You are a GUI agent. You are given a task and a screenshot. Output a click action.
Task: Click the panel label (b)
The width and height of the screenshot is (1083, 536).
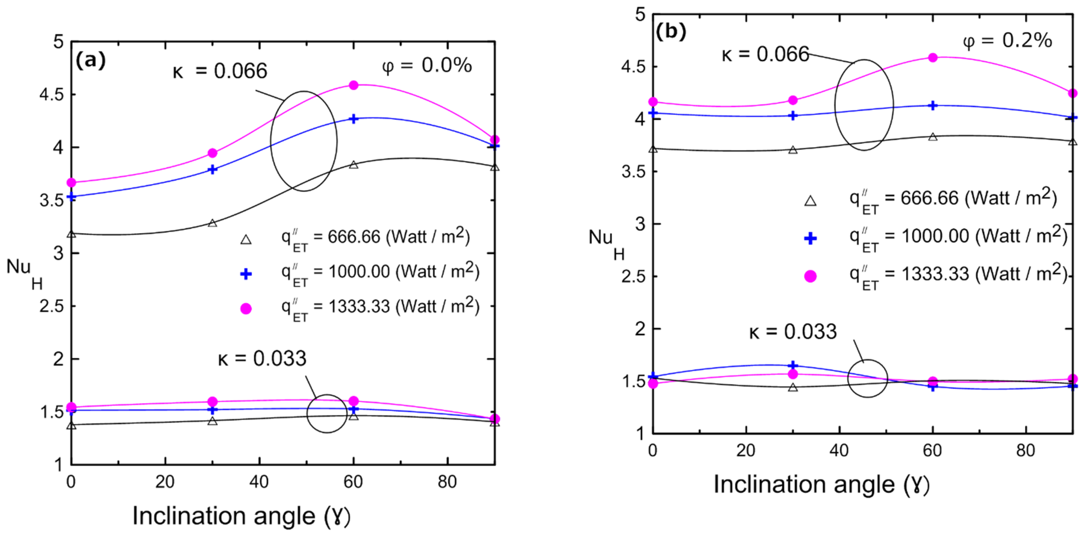(671, 32)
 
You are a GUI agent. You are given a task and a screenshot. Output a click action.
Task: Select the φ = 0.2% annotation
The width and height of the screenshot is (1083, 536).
(1007, 41)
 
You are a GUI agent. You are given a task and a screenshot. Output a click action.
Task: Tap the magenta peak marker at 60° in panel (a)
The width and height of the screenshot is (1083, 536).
(354, 85)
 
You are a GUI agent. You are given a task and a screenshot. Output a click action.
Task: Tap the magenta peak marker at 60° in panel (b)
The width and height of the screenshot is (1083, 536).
(932, 57)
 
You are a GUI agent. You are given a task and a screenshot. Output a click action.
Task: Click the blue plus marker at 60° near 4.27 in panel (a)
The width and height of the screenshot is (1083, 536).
(354, 119)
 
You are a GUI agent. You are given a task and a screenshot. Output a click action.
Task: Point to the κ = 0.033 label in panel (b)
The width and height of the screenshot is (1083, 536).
(793, 332)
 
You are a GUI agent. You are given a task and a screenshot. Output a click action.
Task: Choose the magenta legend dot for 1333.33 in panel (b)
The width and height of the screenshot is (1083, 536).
(810, 276)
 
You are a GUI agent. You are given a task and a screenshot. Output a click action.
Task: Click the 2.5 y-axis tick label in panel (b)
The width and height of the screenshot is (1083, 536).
(633, 276)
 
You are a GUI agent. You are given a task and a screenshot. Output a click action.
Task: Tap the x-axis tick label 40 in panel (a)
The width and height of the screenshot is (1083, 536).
(258, 482)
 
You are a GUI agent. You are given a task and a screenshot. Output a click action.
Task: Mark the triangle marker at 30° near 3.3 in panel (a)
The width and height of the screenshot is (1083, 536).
(213, 223)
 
